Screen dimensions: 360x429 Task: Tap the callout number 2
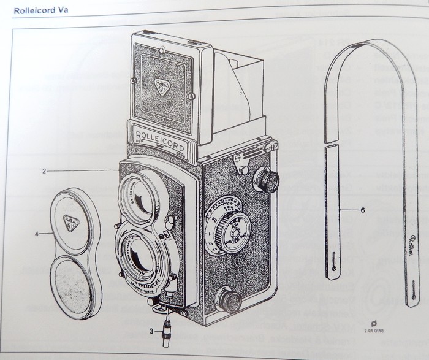(x=45, y=170)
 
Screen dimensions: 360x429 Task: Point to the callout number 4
(x=38, y=234)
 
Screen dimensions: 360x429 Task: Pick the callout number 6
(x=363, y=210)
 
